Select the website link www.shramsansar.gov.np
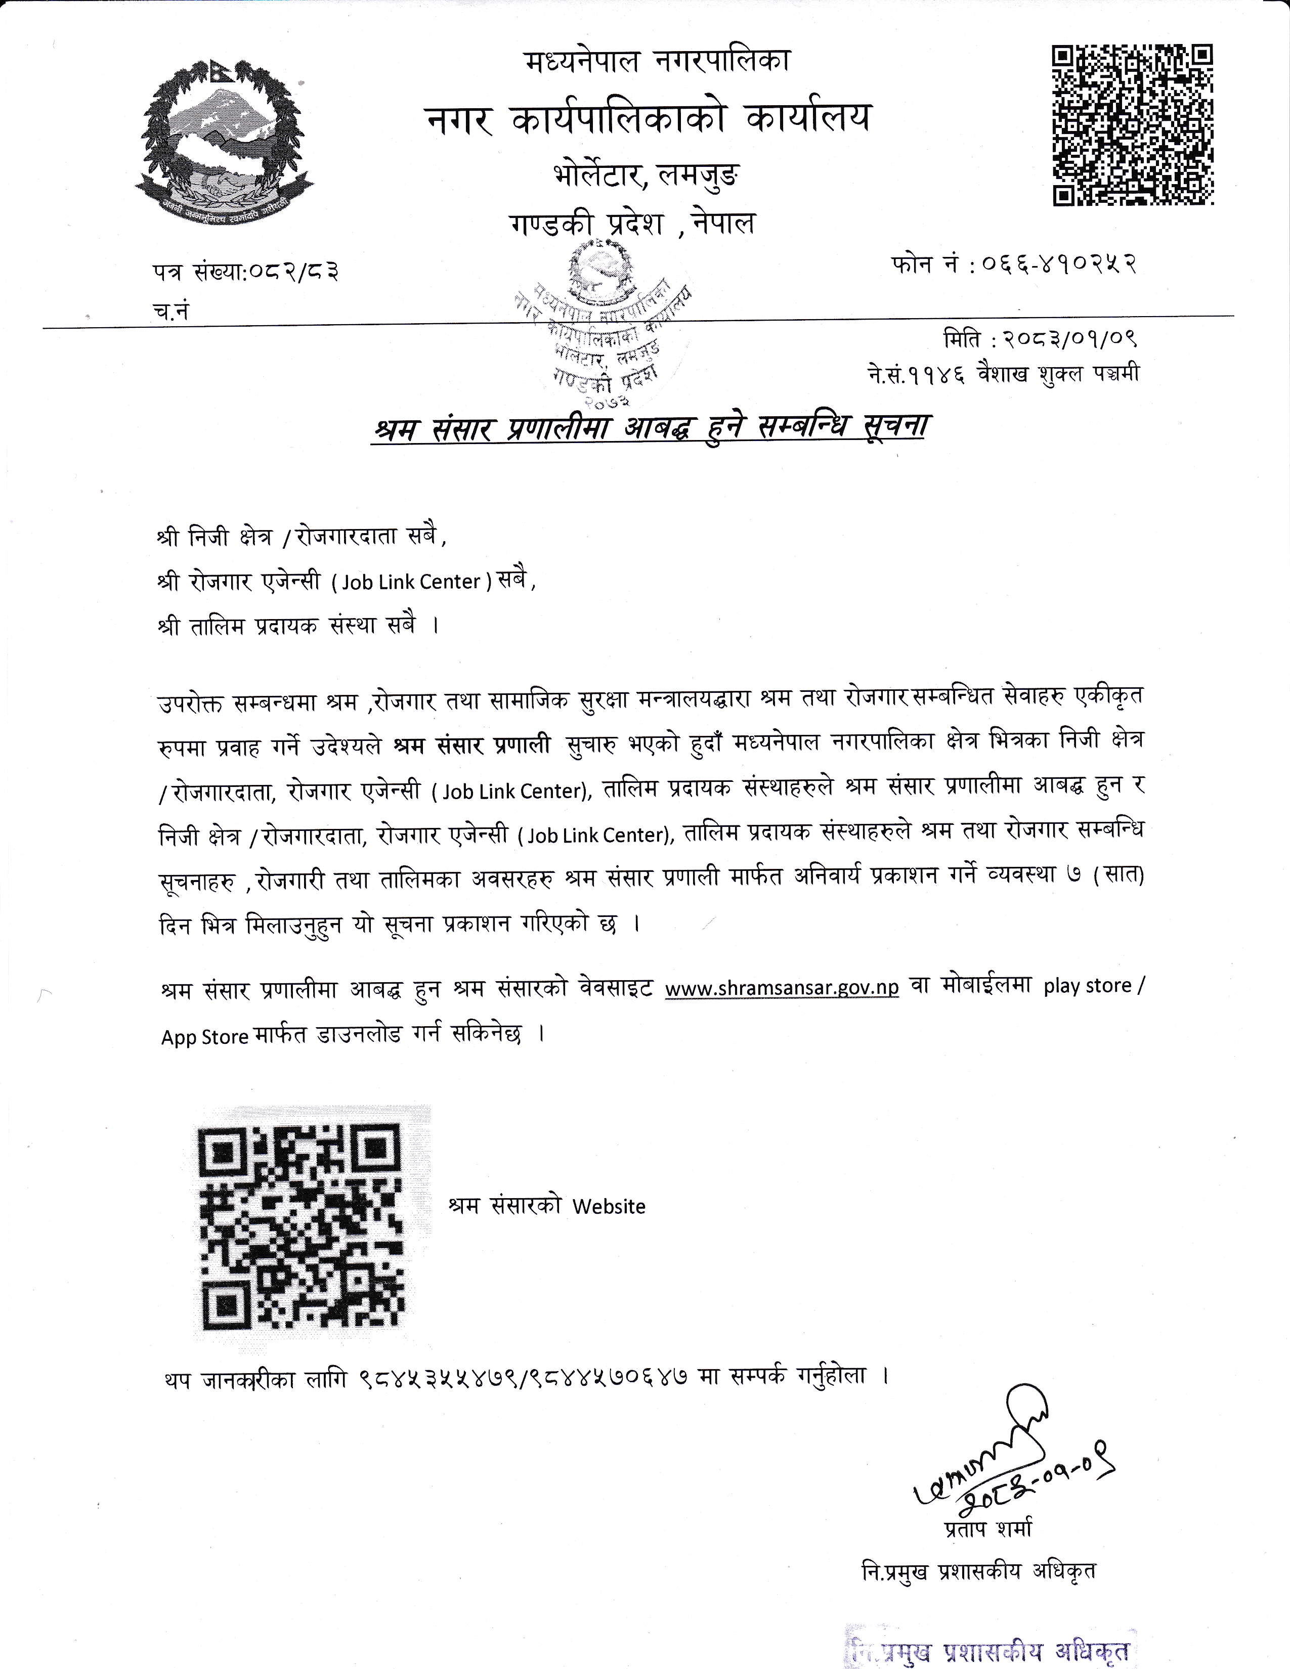point(782,987)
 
